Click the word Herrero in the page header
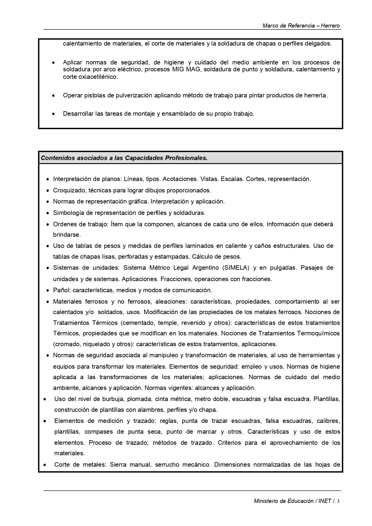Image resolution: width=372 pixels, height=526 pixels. tap(330, 26)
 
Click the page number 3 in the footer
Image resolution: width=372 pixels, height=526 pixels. tap(338, 501)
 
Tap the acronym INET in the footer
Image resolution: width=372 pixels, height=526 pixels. tap(325, 501)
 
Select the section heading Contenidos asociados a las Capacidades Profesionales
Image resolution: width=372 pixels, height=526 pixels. tap(124, 158)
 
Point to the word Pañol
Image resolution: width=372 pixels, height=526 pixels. tap(61, 290)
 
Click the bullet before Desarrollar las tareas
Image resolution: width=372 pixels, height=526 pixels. tap(53, 114)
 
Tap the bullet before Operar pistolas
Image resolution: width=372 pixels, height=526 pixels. tap(53, 96)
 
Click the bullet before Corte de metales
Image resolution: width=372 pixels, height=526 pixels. tap(45, 465)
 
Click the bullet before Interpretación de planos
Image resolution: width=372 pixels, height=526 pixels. tap(48, 179)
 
